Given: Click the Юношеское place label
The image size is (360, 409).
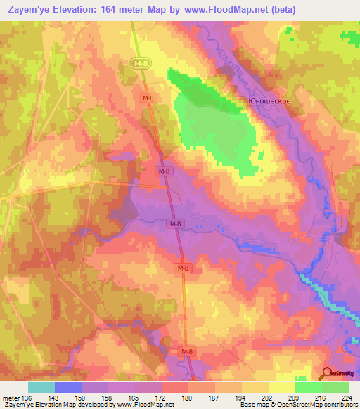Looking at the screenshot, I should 269,100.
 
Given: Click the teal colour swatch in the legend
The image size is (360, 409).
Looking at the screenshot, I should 41,387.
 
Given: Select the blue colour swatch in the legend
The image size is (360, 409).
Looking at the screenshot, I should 68,387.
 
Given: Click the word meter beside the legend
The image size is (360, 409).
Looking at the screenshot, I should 11,398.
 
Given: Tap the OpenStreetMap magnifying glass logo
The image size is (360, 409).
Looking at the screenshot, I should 328,373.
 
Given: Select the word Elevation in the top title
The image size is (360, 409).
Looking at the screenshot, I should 79,10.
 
